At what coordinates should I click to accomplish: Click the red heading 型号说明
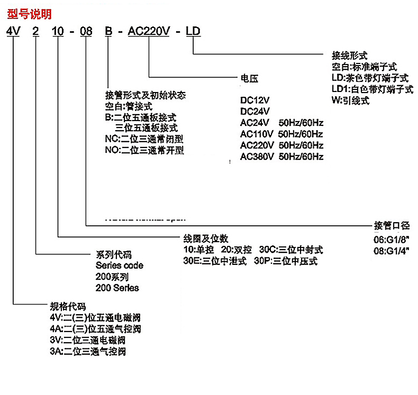coord(30,12)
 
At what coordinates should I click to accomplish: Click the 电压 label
coord(249,78)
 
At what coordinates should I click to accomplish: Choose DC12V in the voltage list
coord(255,100)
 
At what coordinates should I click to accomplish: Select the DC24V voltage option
coord(255,111)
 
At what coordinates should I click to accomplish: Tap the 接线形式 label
coord(349,55)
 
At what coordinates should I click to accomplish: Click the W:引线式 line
coord(350,100)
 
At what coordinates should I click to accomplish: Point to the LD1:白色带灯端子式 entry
coord(372,89)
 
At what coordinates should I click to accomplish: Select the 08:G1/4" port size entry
coord(392,251)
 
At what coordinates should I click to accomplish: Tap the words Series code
coord(119,265)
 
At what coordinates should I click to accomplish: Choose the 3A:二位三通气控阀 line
coord(88,351)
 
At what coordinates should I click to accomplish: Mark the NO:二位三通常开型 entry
coord(146,150)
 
